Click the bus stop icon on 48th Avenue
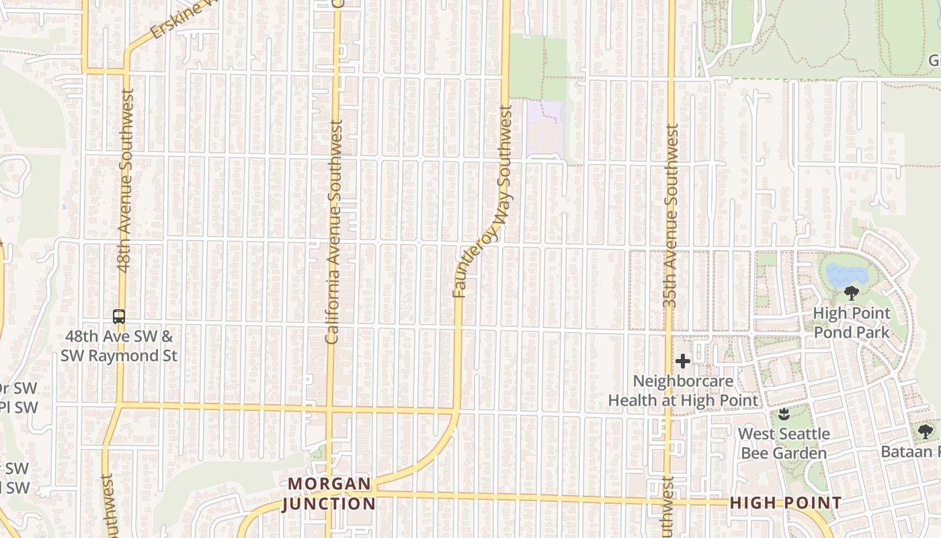119,316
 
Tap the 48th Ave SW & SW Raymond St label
119,346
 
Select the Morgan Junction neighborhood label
329,494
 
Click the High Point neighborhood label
785,502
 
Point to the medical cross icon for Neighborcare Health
683,362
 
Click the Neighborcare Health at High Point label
683,391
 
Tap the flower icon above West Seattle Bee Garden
783,414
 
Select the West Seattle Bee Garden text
784,443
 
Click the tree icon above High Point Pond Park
852,293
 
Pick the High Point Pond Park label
852,323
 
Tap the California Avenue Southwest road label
334,232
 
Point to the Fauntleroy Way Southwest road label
482,202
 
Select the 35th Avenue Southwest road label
670,215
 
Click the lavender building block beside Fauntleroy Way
545,126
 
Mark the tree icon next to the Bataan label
926,431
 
